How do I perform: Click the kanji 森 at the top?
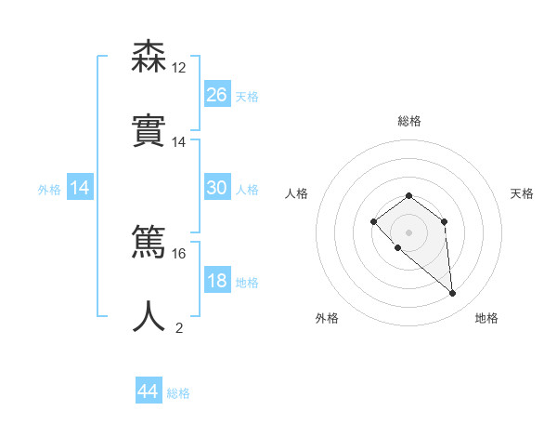[x=149, y=59]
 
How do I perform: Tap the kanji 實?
[x=149, y=130]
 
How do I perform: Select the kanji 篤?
[x=149, y=245]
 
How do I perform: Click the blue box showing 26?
[x=216, y=94]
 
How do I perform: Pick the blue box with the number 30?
[x=216, y=188]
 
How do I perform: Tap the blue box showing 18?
[x=216, y=281]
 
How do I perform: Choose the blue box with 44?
[x=148, y=391]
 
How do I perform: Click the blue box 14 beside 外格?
[x=80, y=188]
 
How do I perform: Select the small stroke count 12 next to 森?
[x=179, y=68]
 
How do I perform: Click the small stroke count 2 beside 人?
[x=179, y=326]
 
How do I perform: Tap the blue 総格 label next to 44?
[x=178, y=393]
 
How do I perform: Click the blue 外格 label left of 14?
[x=49, y=189]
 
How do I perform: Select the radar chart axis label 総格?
[x=408, y=121]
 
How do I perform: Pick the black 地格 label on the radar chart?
[x=486, y=318]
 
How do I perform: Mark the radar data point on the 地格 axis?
[x=453, y=294]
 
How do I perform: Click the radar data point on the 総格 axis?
[x=408, y=195]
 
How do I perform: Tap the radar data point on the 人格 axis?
[x=373, y=221]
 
